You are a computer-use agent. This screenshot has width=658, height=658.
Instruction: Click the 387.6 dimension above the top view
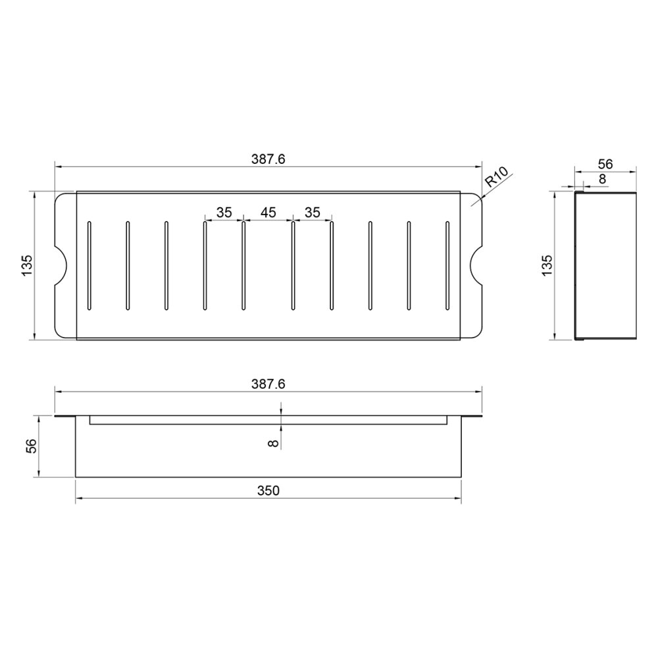tap(268, 159)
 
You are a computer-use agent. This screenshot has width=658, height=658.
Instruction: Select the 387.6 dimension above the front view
tap(268, 384)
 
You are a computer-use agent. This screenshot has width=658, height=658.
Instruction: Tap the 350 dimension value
tap(268, 491)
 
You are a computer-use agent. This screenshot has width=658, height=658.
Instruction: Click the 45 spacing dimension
tap(268, 213)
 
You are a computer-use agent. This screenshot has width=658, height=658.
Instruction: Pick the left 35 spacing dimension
tap(224, 213)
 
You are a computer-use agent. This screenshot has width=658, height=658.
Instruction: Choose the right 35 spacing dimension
tap(312, 213)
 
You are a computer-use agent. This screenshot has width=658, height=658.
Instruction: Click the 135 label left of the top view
tap(26, 266)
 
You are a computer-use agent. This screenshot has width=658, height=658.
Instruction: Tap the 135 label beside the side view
tap(547, 266)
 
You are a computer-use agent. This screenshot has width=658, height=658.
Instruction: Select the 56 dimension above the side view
tap(605, 164)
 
